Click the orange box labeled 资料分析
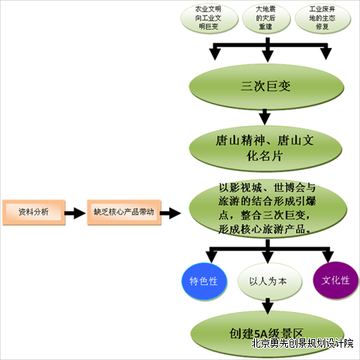click(x=34, y=212)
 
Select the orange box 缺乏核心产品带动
click(x=124, y=212)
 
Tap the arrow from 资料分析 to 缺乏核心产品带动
click(x=75, y=212)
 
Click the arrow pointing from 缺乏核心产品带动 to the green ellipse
click(x=170, y=212)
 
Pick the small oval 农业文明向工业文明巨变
click(x=209, y=18)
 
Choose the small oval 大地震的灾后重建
click(x=267, y=18)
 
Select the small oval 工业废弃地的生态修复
click(x=322, y=18)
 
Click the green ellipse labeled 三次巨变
click(x=267, y=87)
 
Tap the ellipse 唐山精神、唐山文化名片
click(x=266, y=148)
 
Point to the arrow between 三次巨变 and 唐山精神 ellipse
click(x=265, y=117)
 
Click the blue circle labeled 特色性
click(x=204, y=281)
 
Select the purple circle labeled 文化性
click(x=335, y=280)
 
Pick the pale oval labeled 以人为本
click(x=270, y=282)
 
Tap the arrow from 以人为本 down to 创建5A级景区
click(x=268, y=306)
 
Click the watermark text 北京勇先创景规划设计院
click(x=302, y=344)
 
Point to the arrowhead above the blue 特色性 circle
click(x=212, y=257)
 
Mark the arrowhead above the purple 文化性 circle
click(x=328, y=256)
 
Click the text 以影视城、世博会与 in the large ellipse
click(x=267, y=188)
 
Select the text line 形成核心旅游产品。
click(x=264, y=229)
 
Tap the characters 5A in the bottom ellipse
click(x=261, y=334)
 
